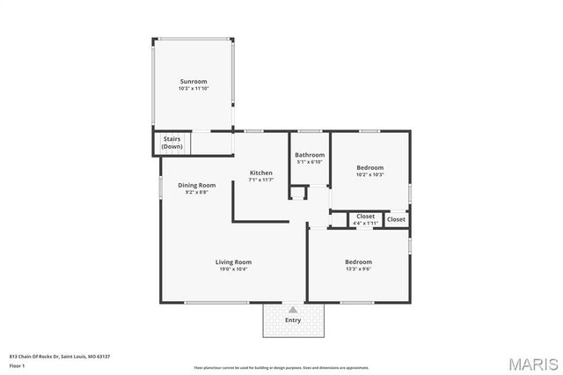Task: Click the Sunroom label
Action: (x=193, y=81)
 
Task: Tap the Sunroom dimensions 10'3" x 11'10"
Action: (x=193, y=88)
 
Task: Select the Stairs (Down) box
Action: (x=172, y=143)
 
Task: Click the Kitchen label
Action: (x=261, y=173)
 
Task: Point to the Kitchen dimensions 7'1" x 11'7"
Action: (x=261, y=180)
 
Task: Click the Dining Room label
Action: (x=197, y=185)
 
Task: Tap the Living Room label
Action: (x=234, y=261)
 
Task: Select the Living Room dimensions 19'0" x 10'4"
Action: (x=234, y=268)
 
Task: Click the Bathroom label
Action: (x=309, y=155)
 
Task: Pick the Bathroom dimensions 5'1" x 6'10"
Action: (x=309, y=162)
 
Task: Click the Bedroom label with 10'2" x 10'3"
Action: (x=369, y=167)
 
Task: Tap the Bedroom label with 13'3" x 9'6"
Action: (x=358, y=261)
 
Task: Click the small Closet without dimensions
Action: (x=397, y=219)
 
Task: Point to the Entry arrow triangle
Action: (x=293, y=310)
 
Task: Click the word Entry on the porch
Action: (x=293, y=320)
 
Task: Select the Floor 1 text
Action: (x=17, y=364)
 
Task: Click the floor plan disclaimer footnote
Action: (x=281, y=366)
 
